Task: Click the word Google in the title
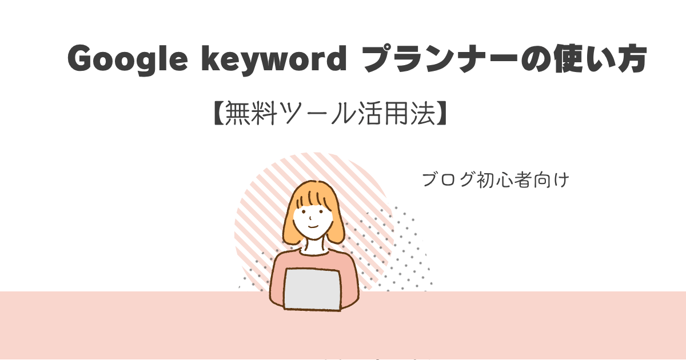[x=127, y=59]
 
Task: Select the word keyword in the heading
[x=274, y=59]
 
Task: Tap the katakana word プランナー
[x=441, y=58]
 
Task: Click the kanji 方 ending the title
[x=631, y=58]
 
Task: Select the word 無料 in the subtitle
[x=251, y=113]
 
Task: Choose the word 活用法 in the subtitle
[x=396, y=113]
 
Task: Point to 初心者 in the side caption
[x=504, y=179]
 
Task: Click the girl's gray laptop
[x=312, y=290]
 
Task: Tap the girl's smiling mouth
[x=313, y=227]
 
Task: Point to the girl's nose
[x=310, y=218]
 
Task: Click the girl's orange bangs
[x=313, y=195]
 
